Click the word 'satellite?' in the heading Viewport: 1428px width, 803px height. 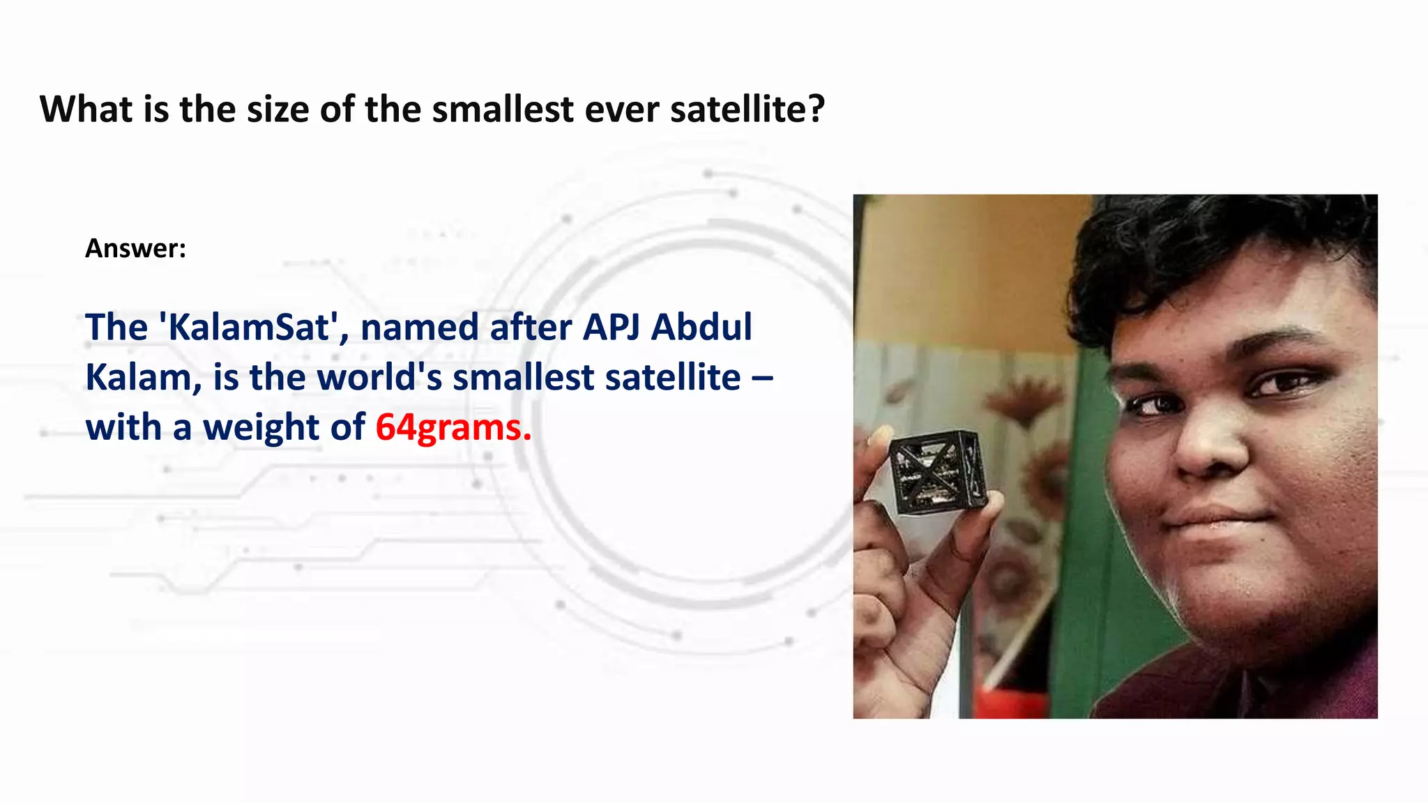click(x=747, y=109)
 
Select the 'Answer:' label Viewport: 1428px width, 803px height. click(x=135, y=248)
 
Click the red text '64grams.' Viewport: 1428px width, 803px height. click(x=453, y=427)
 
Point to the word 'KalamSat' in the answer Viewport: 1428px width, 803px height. click(x=250, y=327)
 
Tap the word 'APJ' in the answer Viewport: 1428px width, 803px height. click(x=611, y=327)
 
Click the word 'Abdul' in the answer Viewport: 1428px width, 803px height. click(x=701, y=327)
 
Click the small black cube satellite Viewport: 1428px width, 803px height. click(x=938, y=473)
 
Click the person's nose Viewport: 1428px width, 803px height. click(x=1210, y=446)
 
